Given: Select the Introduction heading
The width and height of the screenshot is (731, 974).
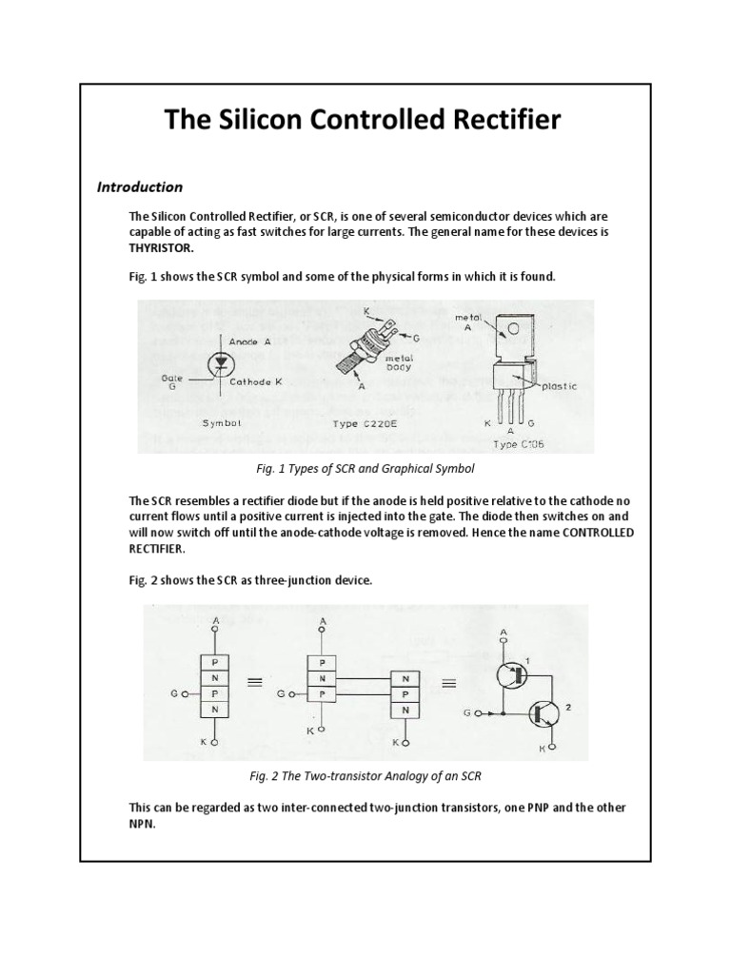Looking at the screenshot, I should pos(139,186).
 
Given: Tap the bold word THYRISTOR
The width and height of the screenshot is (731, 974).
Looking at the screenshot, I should pos(160,246).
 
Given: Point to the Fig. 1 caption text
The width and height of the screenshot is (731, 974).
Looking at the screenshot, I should pos(365,469).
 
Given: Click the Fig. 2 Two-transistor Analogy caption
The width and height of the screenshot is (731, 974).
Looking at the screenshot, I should pos(365,776).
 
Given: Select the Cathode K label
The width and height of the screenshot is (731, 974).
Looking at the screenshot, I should pos(255,381).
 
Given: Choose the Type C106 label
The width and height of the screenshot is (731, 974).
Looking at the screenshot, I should pos(520,443).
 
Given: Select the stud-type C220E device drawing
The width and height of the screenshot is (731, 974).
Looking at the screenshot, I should pos(364,353).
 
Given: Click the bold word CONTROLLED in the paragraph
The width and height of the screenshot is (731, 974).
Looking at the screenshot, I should pos(597,533).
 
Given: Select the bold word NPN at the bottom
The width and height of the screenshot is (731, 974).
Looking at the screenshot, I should pos(142,824).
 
